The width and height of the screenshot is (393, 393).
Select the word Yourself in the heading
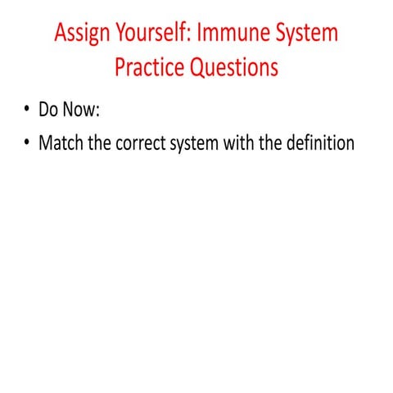(151, 35)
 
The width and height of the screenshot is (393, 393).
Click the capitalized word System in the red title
(302, 35)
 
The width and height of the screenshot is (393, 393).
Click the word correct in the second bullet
(157, 143)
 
